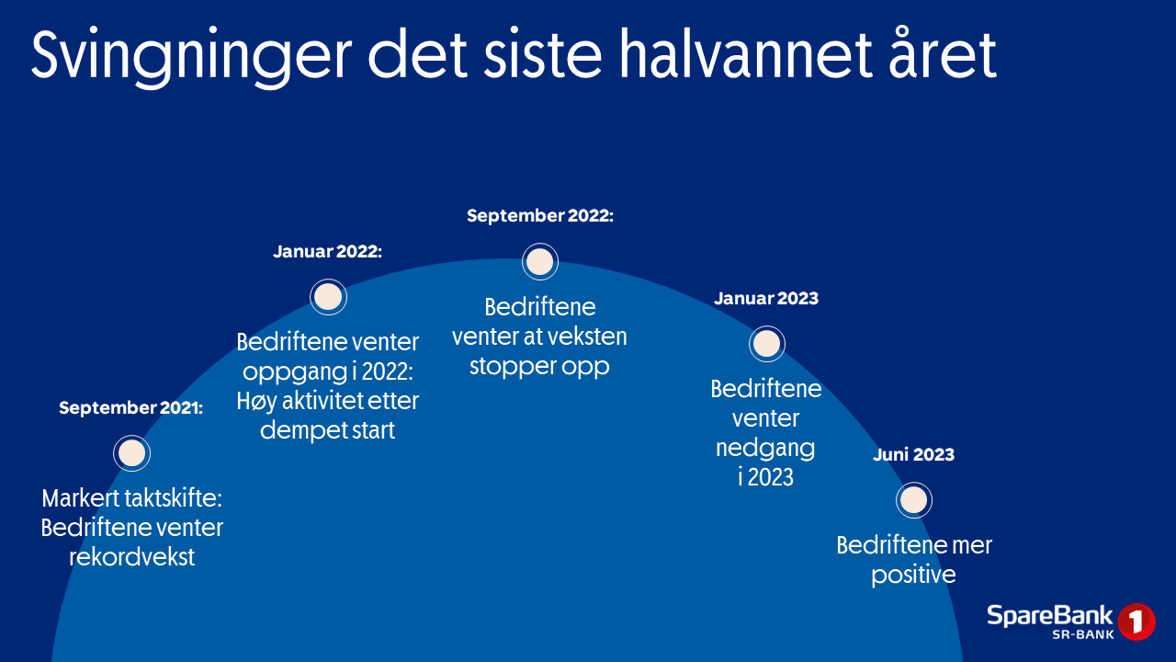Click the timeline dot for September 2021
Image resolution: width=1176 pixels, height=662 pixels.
[131, 453]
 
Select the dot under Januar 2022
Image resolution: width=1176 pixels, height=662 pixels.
[328, 297]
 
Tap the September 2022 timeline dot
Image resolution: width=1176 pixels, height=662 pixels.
[539, 262]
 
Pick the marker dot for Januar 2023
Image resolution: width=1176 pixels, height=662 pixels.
[767, 344]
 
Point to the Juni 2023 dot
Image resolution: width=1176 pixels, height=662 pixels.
[914, 500]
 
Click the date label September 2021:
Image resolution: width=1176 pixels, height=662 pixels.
[130, 407]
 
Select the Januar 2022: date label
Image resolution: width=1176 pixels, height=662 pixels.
[328, 252]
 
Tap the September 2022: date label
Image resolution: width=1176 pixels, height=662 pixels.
[540, 216]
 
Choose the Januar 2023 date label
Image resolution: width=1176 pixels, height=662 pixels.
[766, 299]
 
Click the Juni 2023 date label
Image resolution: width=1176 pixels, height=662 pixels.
[913, 454]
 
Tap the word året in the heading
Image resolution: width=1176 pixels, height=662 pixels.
[943, 52]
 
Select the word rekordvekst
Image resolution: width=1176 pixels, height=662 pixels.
[131, 557]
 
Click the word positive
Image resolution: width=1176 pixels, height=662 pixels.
[913, 576]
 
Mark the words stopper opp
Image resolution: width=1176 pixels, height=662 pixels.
[539, 367]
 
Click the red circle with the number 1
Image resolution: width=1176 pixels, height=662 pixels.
[1136, 622]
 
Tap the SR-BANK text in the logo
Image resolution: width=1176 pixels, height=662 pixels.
[1083, 634]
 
